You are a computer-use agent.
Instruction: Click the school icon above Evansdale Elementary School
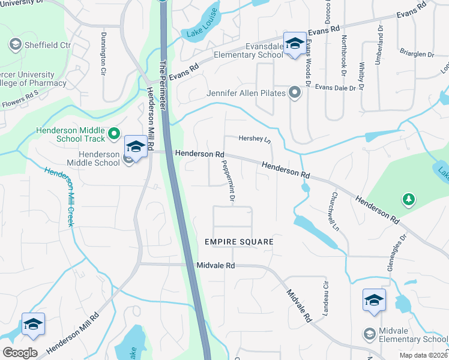click(x=294, y=44)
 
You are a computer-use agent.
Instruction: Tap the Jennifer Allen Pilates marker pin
click(x=294, y=93)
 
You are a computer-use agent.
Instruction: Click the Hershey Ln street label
click(x=255, y=138)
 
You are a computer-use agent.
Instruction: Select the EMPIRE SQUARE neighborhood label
click(x=239, y=242)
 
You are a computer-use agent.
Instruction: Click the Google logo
click(x=20, y=352)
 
